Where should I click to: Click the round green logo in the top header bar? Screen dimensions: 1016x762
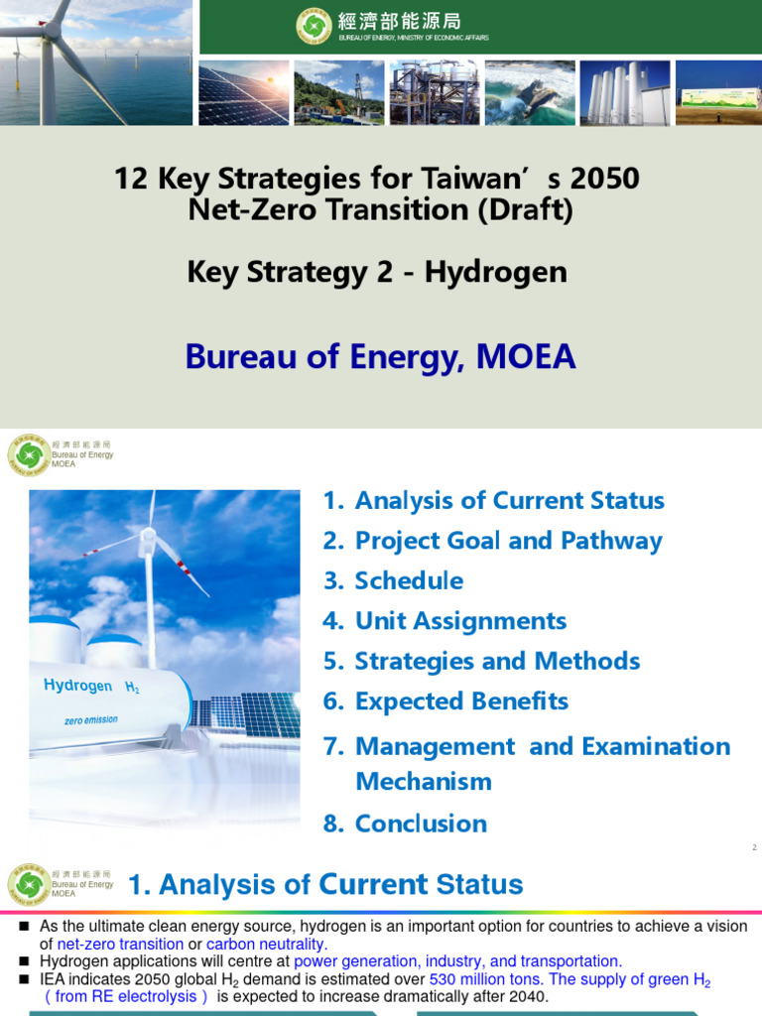pos(314,26)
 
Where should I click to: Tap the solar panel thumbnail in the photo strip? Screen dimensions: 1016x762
pos(243,92)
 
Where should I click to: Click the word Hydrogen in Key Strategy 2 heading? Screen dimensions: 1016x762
pos(495,272)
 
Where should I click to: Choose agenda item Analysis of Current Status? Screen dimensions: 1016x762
pos(509,500)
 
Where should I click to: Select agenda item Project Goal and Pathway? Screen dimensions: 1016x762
pos(508,541)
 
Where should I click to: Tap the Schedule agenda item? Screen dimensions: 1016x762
pos(409,580)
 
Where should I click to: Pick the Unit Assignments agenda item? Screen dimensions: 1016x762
pos(460,621)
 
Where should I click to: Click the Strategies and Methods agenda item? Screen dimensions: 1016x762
pos(497,661)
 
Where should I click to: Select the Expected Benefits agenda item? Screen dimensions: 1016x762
pos(461,701)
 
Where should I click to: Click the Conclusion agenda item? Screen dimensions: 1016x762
pos(421,824)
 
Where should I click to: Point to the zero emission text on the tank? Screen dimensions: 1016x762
pos(87,720)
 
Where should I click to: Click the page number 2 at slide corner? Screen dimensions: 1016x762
pos(754,847)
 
